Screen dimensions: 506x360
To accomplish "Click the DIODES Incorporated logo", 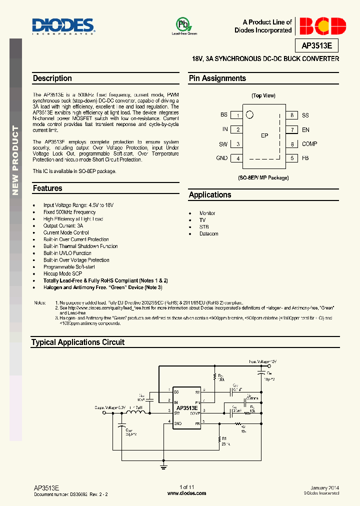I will (x=63, y=26).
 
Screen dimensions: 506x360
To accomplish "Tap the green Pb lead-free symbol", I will (x=183, y=24).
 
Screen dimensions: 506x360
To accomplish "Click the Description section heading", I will (x=52, y=78).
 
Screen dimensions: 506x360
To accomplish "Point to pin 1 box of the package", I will (x=238, y=115).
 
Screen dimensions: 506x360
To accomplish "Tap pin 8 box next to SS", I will (x=291, y=115).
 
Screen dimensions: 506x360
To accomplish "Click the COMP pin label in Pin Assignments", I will (x=309, y=144).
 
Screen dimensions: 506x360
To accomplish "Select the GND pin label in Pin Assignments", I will (x=221, y=158).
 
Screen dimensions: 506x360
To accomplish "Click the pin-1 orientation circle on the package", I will (x=249, y=114).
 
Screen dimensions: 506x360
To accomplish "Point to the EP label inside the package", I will (x=265, y=136).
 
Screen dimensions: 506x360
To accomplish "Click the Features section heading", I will (x=47, y=188).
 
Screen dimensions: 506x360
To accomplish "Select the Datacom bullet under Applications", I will (x=208, y=234).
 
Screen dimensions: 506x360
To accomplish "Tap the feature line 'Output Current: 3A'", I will (x=63, y=226).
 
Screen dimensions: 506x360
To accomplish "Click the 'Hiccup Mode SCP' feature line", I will (x=62, y=274).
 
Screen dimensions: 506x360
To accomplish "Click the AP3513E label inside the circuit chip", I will (x=186, y=408).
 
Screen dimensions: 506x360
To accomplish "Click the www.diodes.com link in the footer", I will (x=186, y=493).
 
